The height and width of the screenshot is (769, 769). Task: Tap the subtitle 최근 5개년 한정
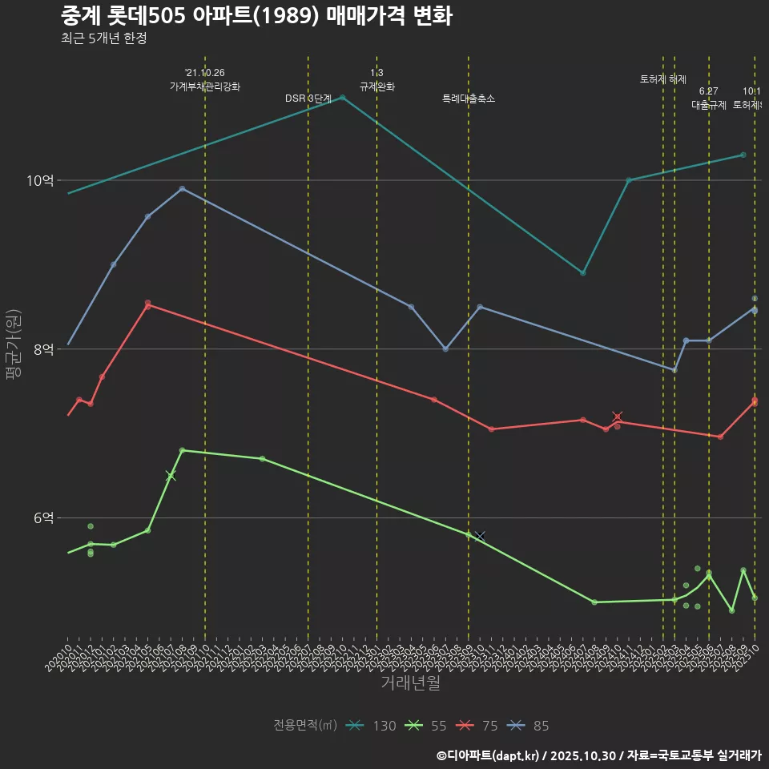pos(103,38)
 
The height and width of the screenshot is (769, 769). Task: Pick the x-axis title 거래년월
pos(410,683)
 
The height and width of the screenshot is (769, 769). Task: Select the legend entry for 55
pos(426,726)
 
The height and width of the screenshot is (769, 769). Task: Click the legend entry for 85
pos(529,726)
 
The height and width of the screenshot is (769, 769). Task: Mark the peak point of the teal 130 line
pos(343,98)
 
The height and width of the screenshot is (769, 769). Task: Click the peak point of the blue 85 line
pos(182,189)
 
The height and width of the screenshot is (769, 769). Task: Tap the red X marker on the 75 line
pos(617,417)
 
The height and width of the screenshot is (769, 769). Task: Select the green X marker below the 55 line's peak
pos(171,476)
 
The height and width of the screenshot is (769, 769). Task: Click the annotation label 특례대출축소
pos(469,99)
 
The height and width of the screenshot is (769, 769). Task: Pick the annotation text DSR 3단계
pos(308,99)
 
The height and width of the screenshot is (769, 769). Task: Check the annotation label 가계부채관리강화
pos(204,87)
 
